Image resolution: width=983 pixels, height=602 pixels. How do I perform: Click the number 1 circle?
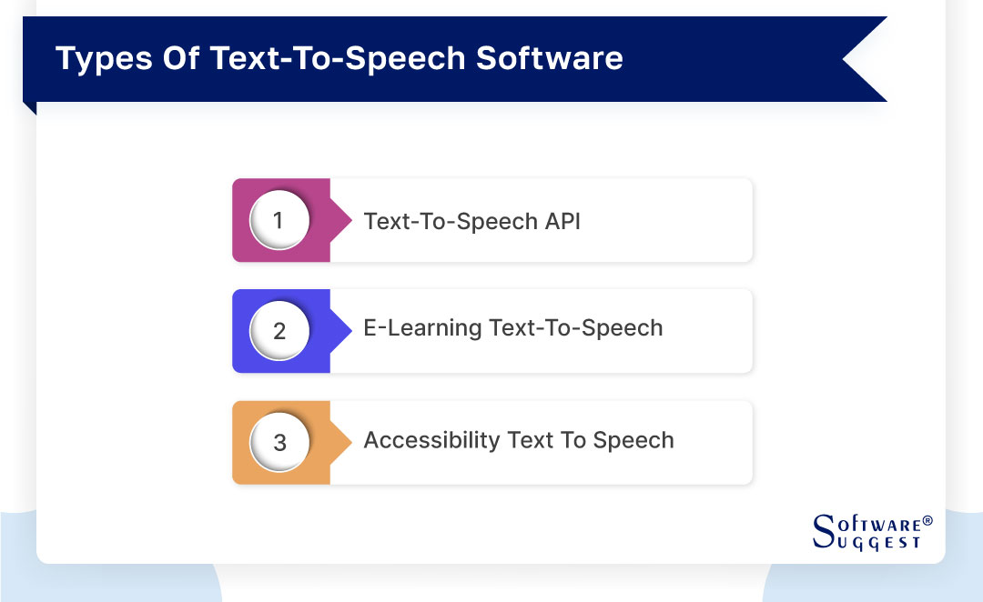(279, 221)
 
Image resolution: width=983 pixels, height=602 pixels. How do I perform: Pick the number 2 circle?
(279, 331)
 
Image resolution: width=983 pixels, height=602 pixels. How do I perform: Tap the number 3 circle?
(279, 442)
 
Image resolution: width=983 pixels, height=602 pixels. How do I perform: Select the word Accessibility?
(432, 441)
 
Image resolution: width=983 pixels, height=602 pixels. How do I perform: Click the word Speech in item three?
(633, 440)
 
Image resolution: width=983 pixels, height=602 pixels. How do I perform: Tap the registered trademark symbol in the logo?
(927, 521)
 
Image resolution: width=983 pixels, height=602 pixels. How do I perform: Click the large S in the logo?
(822, 529)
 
